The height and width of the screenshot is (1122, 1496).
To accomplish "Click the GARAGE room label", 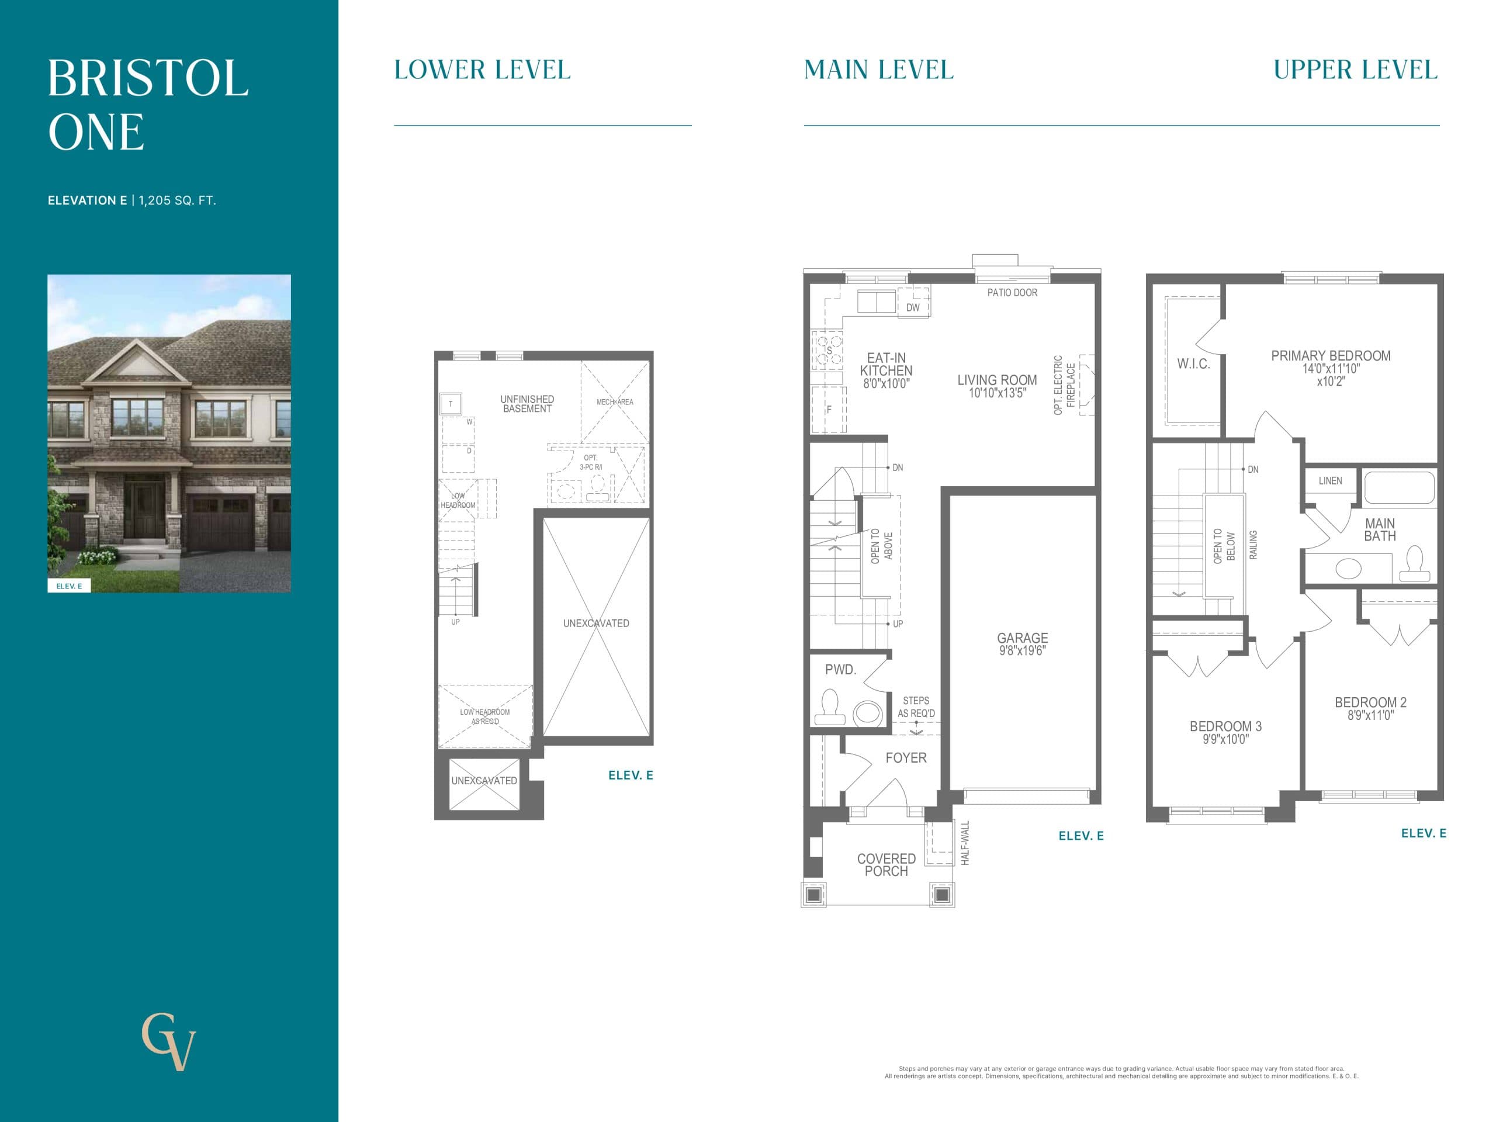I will [1022, 638].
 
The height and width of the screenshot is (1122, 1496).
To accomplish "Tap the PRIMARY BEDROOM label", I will [1330, 356].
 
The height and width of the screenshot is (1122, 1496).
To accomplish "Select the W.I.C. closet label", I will [1193, 364].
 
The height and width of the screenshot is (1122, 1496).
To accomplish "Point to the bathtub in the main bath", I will [1398, 487].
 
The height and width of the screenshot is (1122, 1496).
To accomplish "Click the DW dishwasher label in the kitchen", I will [912, 308].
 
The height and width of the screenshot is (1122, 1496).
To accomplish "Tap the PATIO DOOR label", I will [1012, 293].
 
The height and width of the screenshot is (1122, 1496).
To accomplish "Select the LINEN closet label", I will [1329, 481].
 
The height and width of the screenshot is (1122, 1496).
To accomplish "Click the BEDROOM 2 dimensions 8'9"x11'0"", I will [1370, 715].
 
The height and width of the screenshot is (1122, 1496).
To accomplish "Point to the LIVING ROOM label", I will [997, 380].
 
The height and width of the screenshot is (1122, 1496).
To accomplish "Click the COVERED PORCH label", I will [886, 864].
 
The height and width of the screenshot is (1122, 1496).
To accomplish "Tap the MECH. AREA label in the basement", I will [615, 401].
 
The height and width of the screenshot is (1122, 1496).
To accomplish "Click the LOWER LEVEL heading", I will [482, 70].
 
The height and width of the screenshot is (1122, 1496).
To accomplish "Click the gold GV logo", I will [168, 1041].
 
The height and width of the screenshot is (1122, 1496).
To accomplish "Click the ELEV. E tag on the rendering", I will [69, 586].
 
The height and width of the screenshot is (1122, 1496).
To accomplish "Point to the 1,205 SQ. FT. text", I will [177, 200].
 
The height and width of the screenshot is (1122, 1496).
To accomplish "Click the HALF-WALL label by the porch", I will [965, 843].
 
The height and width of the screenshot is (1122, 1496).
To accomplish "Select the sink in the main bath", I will [1348, 568].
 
